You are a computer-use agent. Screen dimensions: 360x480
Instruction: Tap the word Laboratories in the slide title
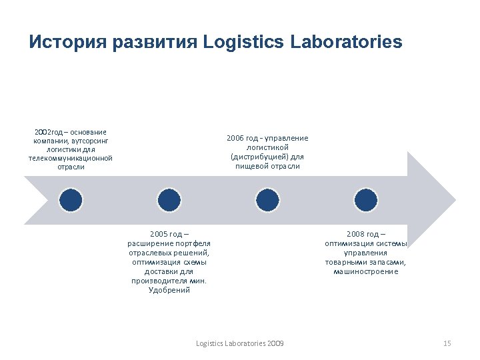click(347, 43)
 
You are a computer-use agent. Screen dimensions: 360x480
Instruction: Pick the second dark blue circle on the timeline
click(169, 199)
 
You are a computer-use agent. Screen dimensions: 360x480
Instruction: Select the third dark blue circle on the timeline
click(268, 199)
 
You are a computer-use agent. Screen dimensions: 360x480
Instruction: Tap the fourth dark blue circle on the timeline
click(366, 199)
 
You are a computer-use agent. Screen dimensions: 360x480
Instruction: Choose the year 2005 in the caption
click(159, 234)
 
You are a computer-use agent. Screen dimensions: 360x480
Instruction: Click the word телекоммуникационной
click(71, 158)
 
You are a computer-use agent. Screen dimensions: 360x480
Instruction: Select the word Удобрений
click(169, 290)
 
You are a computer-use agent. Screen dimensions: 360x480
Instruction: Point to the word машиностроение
click(366, 271)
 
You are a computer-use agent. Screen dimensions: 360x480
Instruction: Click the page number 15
click(447, 343)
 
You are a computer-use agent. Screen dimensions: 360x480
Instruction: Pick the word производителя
click(163, 281)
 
